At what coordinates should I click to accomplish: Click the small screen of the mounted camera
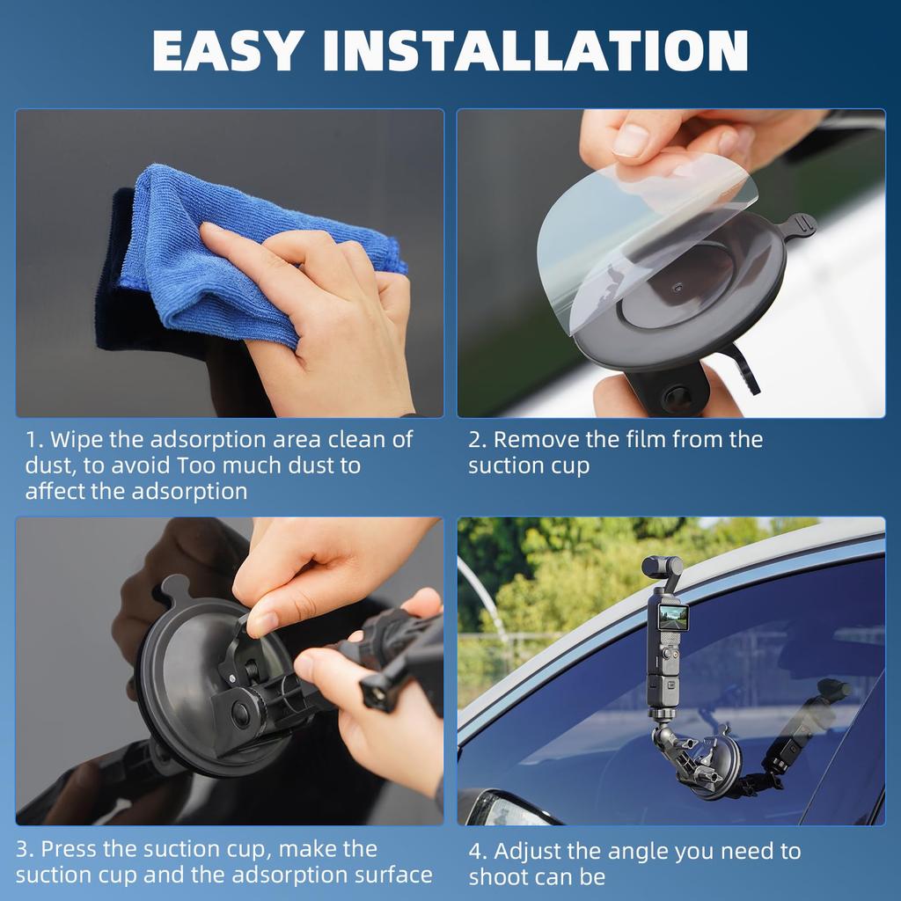[x=673, y=618]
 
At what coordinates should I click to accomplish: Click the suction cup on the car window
[x=711, y=764]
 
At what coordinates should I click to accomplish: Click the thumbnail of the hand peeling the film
[x=670, y=262]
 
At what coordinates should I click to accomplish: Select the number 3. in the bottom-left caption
[x=25, y=850]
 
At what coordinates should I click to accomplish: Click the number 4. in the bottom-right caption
[x=478, y=852]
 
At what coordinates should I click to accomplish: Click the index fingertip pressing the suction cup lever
[x=261, y=626]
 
